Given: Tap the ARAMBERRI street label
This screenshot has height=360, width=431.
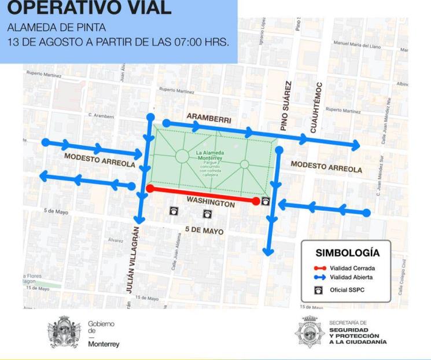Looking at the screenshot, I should [x=209, y=119].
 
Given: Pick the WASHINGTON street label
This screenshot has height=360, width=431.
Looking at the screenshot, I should [x=211, y=203].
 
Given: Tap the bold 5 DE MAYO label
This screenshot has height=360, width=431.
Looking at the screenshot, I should [x=205, y=230].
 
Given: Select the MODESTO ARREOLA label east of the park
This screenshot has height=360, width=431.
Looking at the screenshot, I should [x=326, y=167].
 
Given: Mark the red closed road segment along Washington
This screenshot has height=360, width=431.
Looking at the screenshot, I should [x=202, y=194].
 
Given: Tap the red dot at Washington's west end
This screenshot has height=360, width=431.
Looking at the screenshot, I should [x=150, y=188].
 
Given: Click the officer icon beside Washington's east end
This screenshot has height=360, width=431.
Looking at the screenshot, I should [x=266, y=201].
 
